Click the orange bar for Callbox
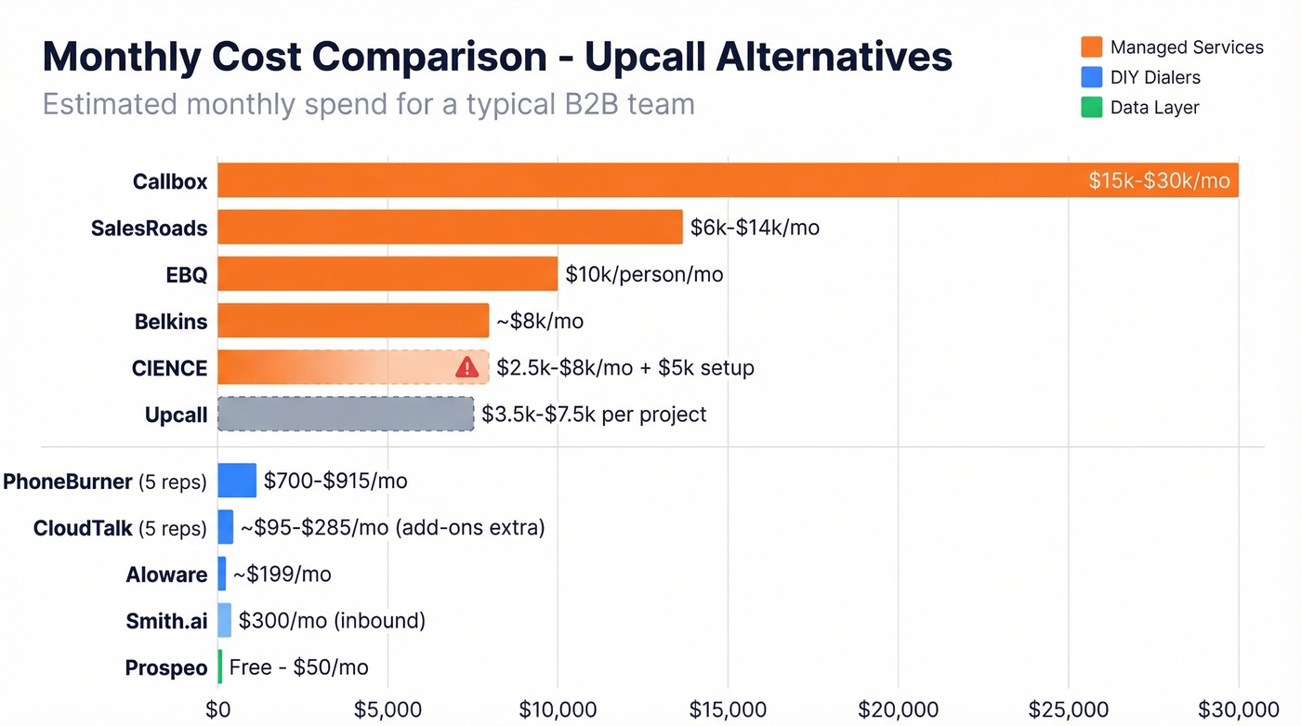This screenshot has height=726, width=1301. (x=650, y=180)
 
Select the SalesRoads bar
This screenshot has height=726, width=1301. (x=450, y=227)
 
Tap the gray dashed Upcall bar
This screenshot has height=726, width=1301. (x=346, y=414)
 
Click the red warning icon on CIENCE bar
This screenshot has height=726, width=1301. (x=467, y=368)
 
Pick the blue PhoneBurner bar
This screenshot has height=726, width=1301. (x=237, y=481)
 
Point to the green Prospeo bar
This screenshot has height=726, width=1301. (x=220, y=667)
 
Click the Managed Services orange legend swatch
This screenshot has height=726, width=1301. (x=1092, y=47)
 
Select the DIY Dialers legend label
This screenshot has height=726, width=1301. (x=1155, y=77)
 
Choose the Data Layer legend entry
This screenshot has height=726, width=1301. (x=1154, y=107)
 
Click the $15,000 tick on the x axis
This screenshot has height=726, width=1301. (x=728, y=710)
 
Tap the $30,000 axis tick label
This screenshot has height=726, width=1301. (x=1239, y=710)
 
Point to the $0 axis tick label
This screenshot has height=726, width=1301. (x=217, y=710)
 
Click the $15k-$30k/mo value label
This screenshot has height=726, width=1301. (x=1159, y=180)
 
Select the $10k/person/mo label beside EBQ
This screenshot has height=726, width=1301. (x=644, y=274)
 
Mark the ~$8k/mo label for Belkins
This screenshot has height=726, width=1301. (x=540, y=322)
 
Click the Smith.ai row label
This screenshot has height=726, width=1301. (x=166, y=621)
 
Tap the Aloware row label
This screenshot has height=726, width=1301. (x=166, y=574)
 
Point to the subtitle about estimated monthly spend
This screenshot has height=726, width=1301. (x=369, y=103)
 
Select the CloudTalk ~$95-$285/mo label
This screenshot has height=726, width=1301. (x=392, y=528)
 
